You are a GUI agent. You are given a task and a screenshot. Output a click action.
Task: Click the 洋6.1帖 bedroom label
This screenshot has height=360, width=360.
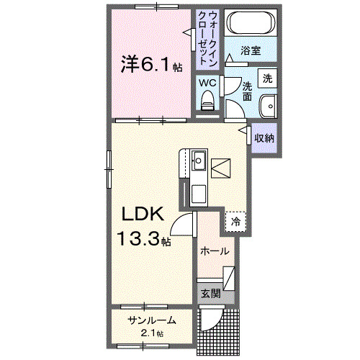(x=150, y=65)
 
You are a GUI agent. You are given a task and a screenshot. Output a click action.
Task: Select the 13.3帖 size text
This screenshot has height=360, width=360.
(x=145, y=239)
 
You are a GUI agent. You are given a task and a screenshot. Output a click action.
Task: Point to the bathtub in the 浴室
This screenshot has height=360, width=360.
(x=251, y=24)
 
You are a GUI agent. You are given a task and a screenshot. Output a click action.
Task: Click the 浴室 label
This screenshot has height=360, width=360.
(x=250, y=52)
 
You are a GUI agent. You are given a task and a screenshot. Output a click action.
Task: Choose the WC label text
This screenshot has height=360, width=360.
(x=207, y=83)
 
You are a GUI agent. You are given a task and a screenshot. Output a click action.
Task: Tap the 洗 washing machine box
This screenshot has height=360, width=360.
(x=267, y=78)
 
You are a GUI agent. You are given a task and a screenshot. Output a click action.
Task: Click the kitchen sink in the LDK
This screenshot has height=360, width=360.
(x=198, y=160)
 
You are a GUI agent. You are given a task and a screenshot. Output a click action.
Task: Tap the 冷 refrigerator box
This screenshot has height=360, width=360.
(x=235, y=222)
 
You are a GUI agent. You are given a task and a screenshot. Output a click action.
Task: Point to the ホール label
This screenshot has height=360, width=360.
(x=215, y=251)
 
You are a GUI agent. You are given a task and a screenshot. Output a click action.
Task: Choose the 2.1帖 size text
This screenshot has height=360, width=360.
(x=151, y=333)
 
